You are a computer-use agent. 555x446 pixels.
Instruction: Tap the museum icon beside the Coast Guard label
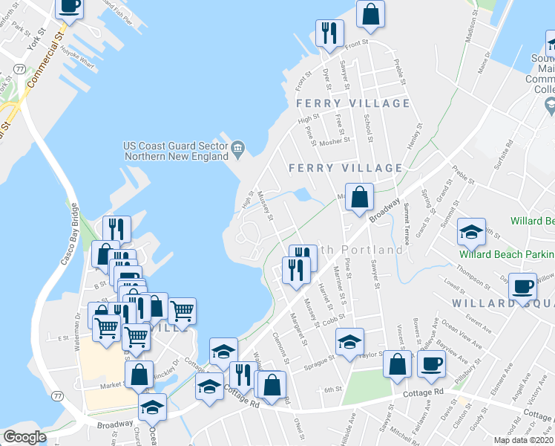[x=238, y=148]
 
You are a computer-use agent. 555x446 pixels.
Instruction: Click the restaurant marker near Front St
[x=329, y=33]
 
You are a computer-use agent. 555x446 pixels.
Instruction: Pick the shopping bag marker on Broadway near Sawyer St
[x=359, y=198]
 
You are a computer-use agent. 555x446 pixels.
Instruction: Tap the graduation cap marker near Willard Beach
[x=471, y=232]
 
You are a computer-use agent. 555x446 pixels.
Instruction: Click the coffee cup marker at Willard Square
[x=523, y=286]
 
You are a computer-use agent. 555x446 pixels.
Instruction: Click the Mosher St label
[x=334, y=140]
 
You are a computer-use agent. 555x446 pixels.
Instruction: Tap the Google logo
[x=24, y=437]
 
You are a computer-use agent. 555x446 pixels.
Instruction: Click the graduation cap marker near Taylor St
[x=349, y=341]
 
